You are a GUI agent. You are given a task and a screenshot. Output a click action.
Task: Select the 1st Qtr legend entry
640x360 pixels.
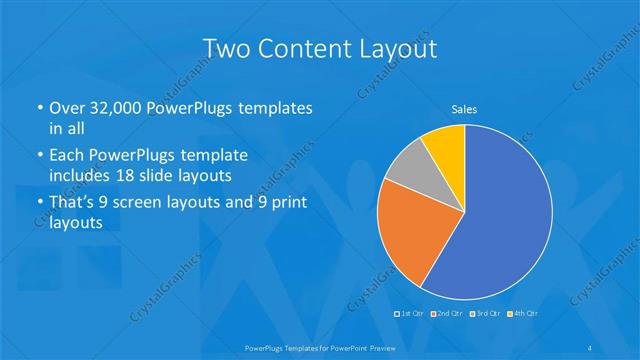(x=409, y=314)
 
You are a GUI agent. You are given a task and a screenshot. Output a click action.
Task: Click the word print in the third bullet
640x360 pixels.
(x=287, y=203)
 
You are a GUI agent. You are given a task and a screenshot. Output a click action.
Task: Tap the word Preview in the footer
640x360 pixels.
(x=379, y=347)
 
